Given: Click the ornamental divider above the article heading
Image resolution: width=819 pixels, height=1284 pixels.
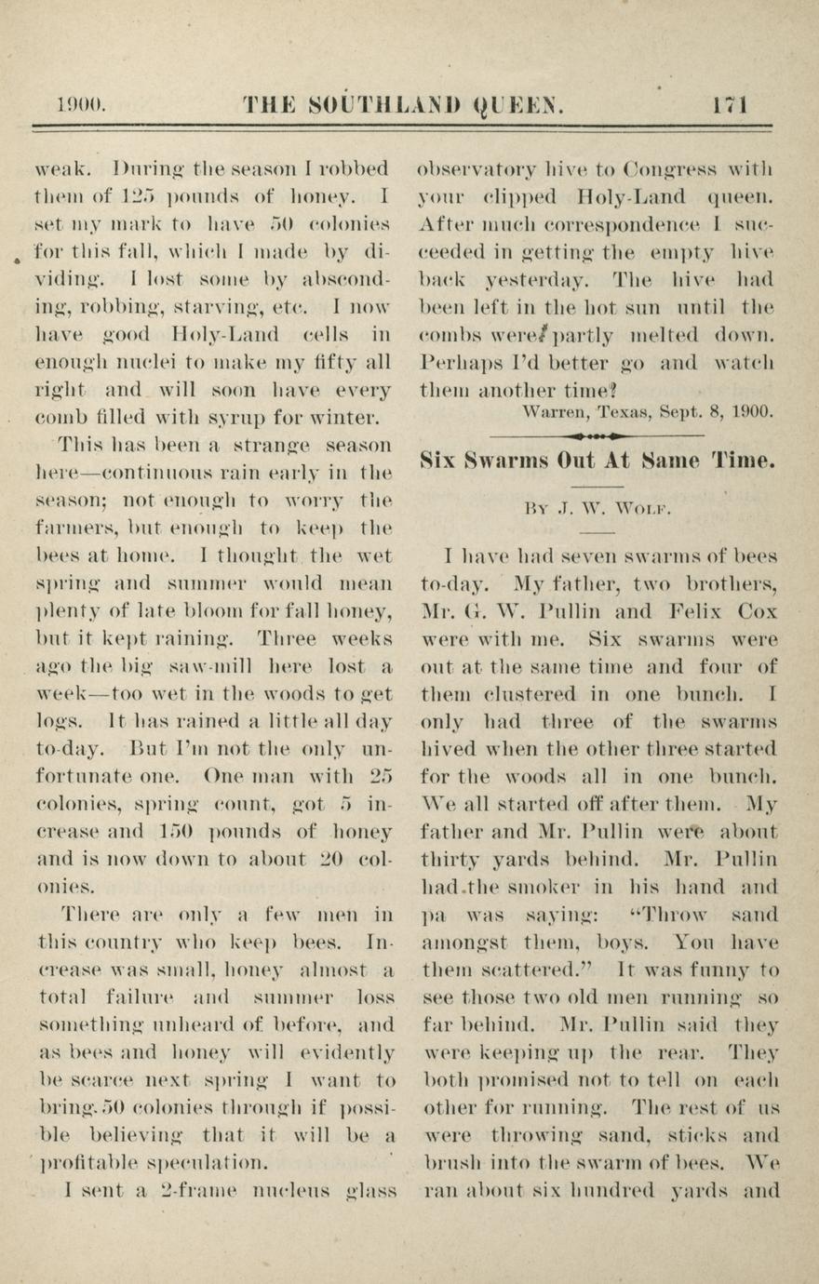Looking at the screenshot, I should tap(597, 434).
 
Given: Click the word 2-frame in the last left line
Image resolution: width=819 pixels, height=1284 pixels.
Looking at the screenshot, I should tap(184, 1190).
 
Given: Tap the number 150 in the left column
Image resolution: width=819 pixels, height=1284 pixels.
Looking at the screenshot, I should tap(178, 831).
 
